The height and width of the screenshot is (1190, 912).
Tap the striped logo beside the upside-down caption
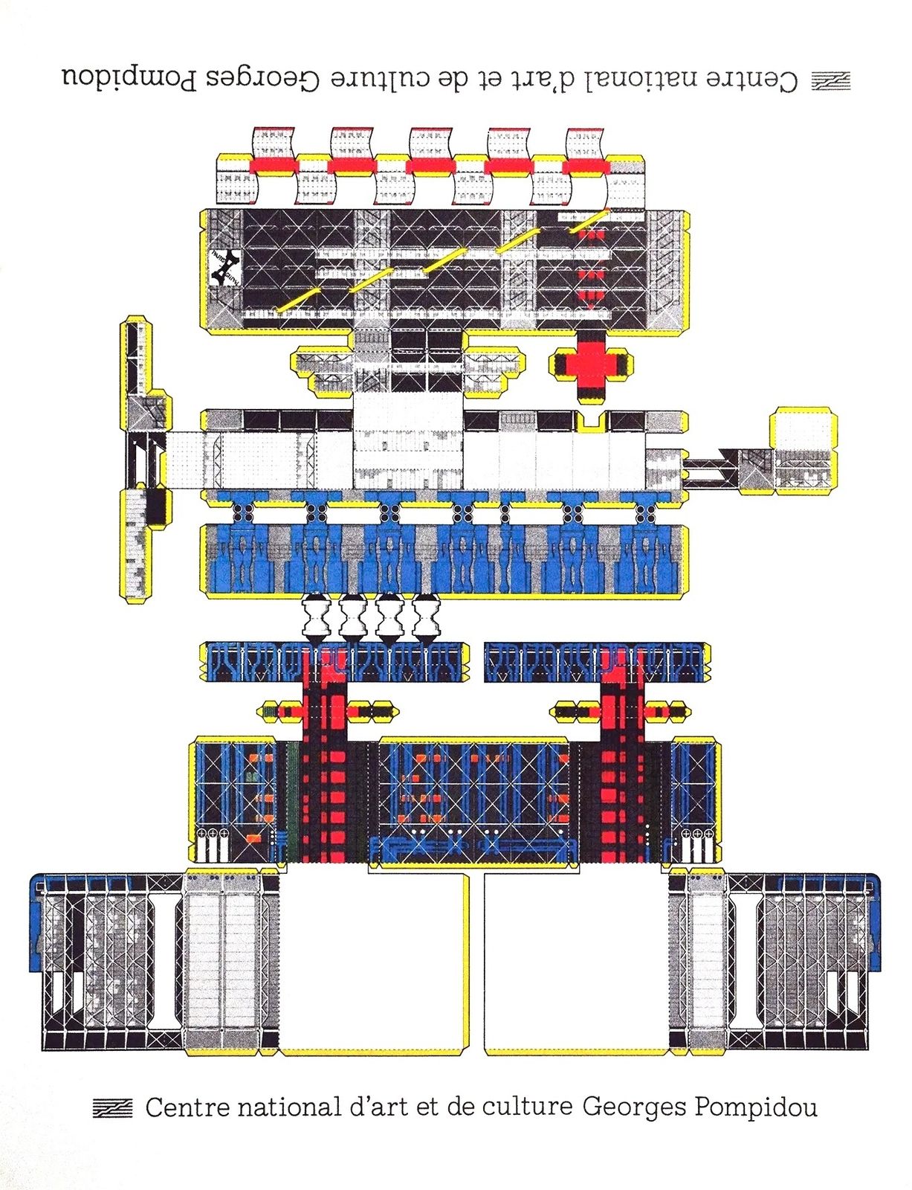click(x=831, y=80)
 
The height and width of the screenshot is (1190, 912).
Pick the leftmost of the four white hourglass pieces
click(x=316, y=618)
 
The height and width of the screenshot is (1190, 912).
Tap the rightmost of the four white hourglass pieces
click(x=426, y=618)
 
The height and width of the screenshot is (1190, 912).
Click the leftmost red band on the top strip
click(x=274, y=165)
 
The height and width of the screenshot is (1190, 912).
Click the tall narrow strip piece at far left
click(x=142, y=459)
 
